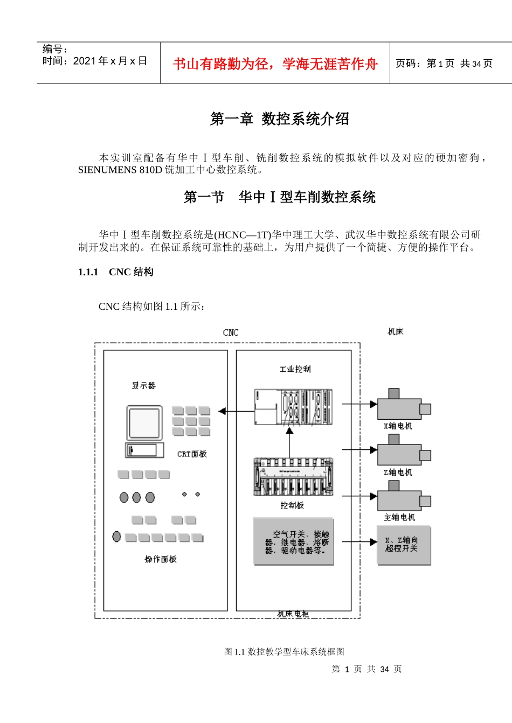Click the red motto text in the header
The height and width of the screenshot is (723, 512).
coord(275,64)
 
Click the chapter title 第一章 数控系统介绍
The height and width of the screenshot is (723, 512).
coord(280,119)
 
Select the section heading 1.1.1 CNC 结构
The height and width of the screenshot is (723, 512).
coord(116,272)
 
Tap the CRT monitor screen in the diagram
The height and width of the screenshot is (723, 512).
coord(144,423)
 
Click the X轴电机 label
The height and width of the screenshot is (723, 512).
coord(398,426)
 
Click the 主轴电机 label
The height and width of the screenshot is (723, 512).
coord(399,518)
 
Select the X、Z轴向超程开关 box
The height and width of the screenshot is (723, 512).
coord(404,545)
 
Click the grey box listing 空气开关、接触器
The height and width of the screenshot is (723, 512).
coord(294,542)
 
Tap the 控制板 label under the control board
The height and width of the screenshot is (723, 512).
coord(292,505)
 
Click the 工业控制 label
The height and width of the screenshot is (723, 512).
coord(295,369)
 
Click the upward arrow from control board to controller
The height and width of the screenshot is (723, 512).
coord(289,442)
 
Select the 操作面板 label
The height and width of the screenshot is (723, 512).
coord(161,559)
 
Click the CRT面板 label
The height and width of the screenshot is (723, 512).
coord(192,454)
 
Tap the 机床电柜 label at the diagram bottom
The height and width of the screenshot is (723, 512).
coord(293,614)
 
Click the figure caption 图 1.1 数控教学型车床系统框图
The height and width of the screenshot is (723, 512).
coord(284,652)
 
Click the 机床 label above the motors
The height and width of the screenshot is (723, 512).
coord(395,332)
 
